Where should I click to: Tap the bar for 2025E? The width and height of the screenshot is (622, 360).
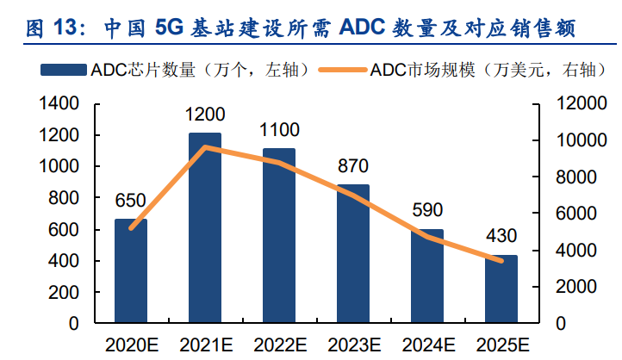[x=501, y=291]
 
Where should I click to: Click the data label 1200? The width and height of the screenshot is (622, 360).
[x=205, y=115]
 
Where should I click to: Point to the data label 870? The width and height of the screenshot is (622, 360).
[x=353, y=166]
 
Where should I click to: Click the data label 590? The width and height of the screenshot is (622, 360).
[x=427, y=211]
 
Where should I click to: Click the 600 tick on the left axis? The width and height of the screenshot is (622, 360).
[x=65, y=229]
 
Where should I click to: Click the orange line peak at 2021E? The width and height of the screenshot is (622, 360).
[x=205, y=147]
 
